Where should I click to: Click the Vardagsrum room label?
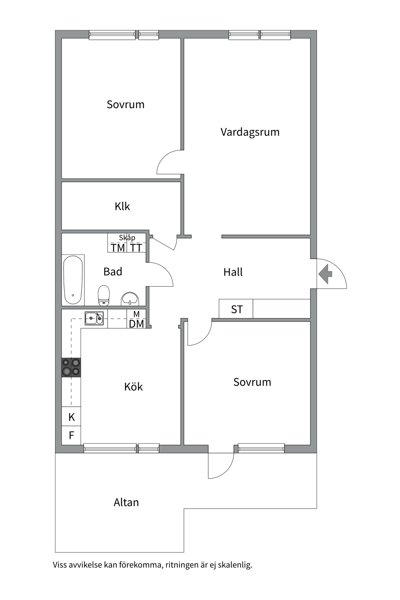coord(250,132)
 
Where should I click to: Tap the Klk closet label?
coord(122,206)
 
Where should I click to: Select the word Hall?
coord(233,272)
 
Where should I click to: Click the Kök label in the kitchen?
coord(133,387)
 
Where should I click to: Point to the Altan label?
coord(126,502)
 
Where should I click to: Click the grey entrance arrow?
coord(325,274)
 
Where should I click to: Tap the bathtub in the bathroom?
coord(73,280)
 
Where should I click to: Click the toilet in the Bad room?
coord(104,295)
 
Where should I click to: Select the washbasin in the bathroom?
coord(130,299)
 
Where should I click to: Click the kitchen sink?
coord(94,318)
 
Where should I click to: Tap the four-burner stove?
coord(71,367)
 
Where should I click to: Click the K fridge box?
coord(71,416)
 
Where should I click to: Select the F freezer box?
coord(71,435)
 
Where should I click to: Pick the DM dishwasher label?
coord(137,324)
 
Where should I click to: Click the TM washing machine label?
coord(118,248)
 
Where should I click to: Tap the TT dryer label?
coord(136,248)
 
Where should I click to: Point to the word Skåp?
coord(127,238)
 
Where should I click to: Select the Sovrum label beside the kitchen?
coord(252,382)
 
